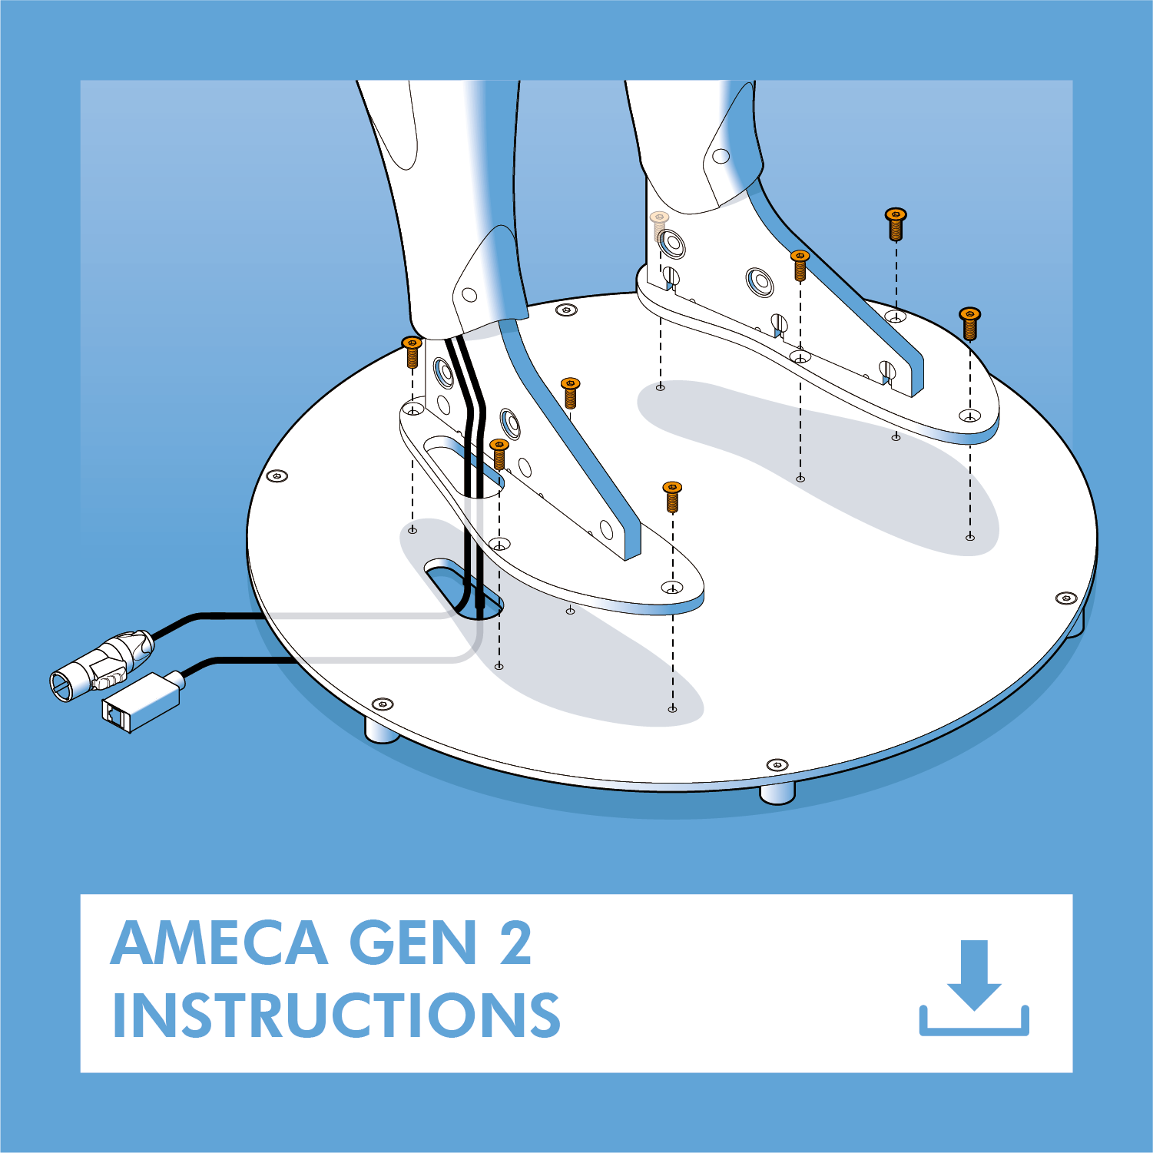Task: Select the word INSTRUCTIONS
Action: click(x=336, y=1015)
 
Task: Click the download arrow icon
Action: click(x=974, y=987)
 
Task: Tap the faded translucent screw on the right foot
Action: click(x=659, y=225)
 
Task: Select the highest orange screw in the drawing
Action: click(x=896, y=224)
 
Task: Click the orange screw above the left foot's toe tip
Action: click(x=672, y=496)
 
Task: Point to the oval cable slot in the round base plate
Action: click(x=464, y=588)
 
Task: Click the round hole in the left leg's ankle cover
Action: click(x=469, y=295)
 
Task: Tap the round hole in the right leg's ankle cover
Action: click(x=721, y=156)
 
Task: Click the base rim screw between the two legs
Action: click(x=566, y=310)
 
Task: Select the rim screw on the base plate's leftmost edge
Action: click(x=277, y=476)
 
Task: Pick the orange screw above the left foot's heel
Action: click(x=412, y=352)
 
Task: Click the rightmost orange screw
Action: click(x=969, y=323)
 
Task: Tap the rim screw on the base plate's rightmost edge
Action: click(x=1066, y=598)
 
